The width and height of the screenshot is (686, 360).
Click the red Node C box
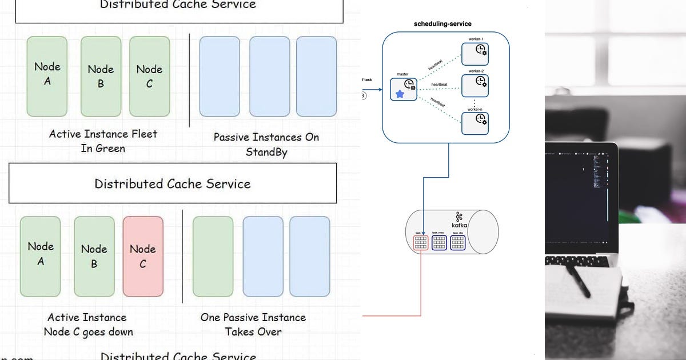coord(143,256)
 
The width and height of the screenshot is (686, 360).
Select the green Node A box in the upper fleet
coord(47,76)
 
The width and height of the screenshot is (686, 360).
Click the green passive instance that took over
coord(213,256)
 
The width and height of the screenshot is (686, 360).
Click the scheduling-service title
coord(442,24)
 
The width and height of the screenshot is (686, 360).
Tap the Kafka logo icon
coord(459,217)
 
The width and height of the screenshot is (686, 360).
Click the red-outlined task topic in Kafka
coord(420,243)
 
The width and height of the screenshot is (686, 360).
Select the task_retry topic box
coord(439,243)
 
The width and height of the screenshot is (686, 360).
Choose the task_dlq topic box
coord(458,243)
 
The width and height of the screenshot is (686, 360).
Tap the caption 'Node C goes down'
coord(88,332)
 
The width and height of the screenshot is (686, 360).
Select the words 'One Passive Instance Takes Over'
coord(253,324)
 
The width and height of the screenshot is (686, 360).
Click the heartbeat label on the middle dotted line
coord(438,84)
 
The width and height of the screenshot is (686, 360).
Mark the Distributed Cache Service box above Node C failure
coord(172,183)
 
